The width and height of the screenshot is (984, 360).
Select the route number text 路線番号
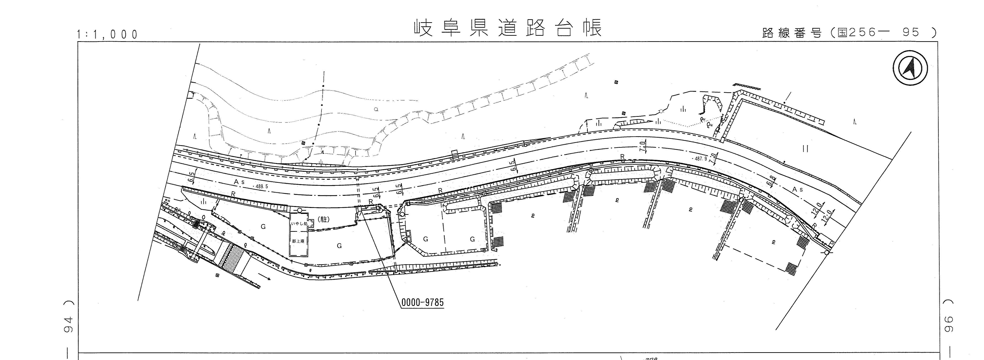(791, 33)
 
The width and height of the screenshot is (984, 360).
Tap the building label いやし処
(299, 224)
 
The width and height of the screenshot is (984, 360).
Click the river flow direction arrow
(265, 278)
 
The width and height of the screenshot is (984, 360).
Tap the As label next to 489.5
(239, 183)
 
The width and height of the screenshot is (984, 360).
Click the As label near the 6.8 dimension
(798, 189)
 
